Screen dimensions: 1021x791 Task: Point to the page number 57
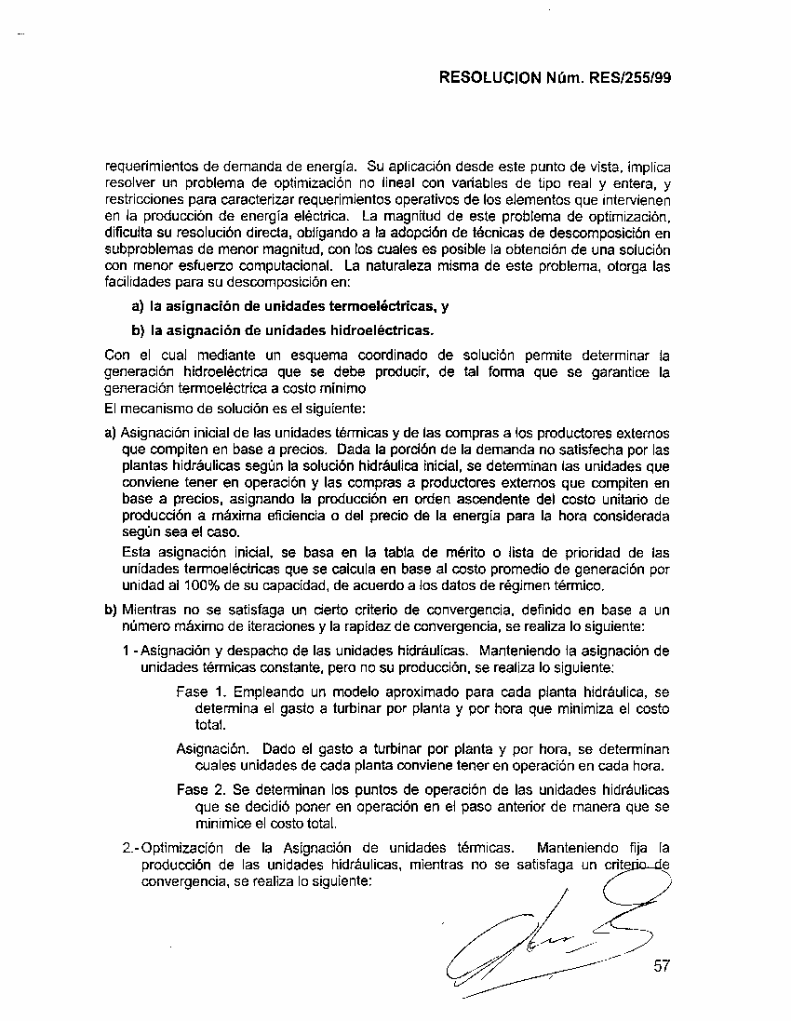click(662, 966)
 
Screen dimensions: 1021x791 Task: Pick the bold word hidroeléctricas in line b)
click(381, 330)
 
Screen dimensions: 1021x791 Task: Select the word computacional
click(268, 267)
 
